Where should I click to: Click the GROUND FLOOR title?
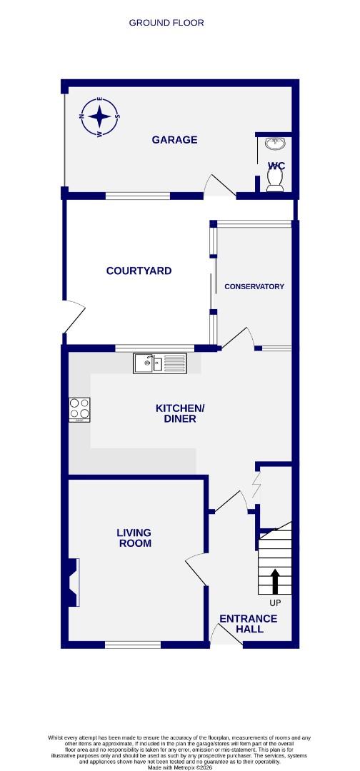click(x=166, y=23)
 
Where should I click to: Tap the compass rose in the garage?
click(x=100, y=116)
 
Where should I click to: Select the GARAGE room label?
click(x=174, y=140)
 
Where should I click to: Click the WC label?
click(x=276, y=166)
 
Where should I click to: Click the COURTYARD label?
click(x=139, y=271)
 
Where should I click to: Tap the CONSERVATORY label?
click(x=254, y=286)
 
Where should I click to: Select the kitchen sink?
click(x=159, y=363)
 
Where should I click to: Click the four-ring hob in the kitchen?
click(x=79, y=409)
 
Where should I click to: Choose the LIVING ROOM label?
click(x=134, y=538)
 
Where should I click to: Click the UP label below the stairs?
click(x=276, y=603)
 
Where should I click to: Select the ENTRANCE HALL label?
click(x=248, y=623)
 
